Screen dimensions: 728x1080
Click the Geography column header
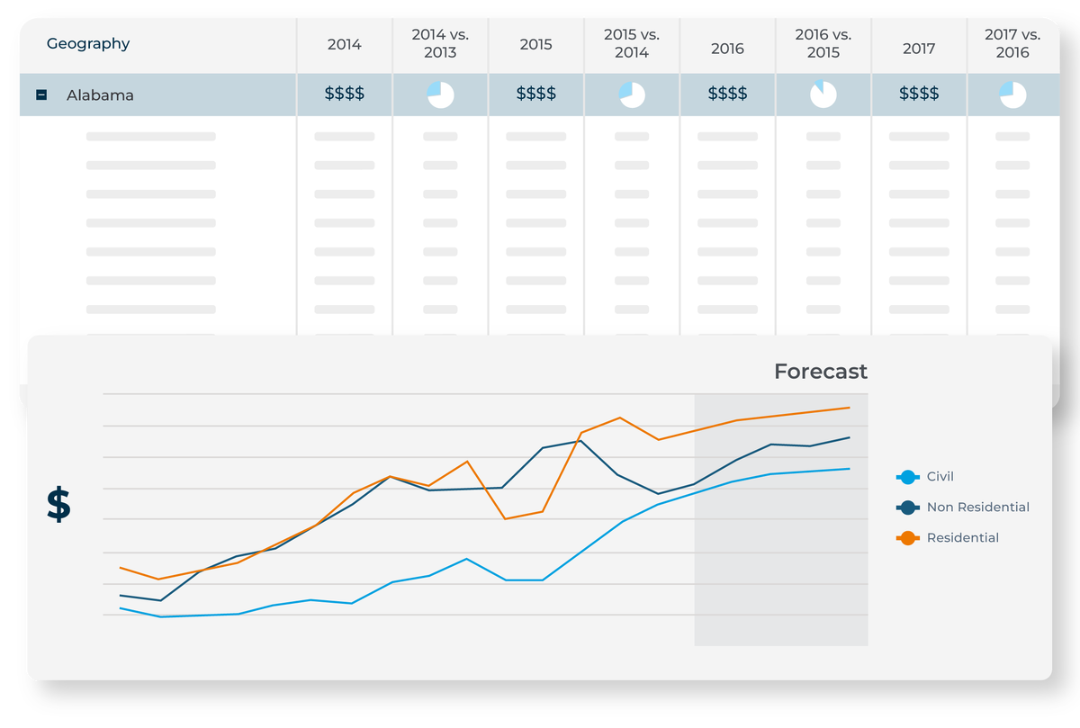[x=88, y=43]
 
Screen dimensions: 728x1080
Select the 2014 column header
[x=344, y=43]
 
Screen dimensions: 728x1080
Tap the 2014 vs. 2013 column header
[x=440, y=43]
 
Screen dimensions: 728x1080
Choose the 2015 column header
[x=535, y=43]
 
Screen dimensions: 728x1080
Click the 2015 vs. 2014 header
[x=632, y=43]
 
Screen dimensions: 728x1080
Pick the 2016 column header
[x=727, y=49]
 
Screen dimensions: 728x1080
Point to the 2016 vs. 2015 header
[x=823, y=43]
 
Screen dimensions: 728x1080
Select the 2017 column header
[x=919, y=49]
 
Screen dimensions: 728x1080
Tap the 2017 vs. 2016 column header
[x=1012, y=43]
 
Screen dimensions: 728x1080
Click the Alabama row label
[x=100, y=94]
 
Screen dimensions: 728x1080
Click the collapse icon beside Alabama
[x=41, y=94]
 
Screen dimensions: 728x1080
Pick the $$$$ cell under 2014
[x=344, y=94]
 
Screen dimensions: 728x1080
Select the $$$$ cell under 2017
[x=919, y=94]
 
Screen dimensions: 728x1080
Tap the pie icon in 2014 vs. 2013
[x=440, y=94]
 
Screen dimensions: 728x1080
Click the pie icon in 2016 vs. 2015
[x=823, y=94]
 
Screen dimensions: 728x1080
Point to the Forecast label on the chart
[x=820, y=371]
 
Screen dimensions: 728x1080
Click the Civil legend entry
[x=940, y=477]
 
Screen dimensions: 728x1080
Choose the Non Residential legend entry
[x=977, y=508]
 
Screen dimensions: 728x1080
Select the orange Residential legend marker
[x=907, y=538]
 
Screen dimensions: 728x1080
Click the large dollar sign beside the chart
[x=58, y=505]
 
